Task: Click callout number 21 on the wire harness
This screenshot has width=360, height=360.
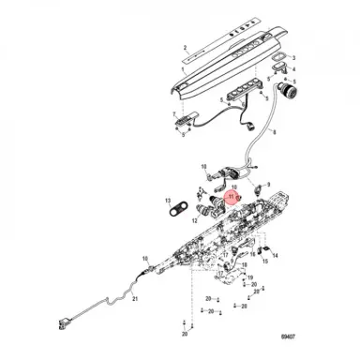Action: click(x=134, y=298)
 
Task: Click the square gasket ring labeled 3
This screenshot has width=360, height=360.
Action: click(x=279, y=64)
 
